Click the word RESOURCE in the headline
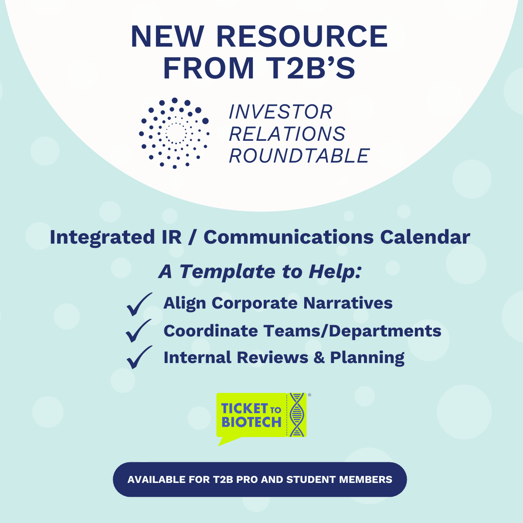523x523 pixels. (x=302, y=36)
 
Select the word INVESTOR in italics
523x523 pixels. (x=281, y=112)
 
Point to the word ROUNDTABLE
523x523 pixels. (x=299, y=156)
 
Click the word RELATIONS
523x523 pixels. (x=287, y=133)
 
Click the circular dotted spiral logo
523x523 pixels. (x=174, y=133)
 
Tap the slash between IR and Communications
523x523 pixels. (x=192, y=238)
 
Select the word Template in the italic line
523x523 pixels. (x=228, y=272)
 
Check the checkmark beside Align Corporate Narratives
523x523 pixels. (x=139, y=304)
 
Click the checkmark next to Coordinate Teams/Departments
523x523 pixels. (x=139, y=330)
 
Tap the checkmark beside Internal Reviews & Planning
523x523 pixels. (x=139, y=357)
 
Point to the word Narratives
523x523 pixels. (x=348, y=303)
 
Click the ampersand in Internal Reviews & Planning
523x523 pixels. (x=319, y=357)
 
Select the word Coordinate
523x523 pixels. (x=211, y=331)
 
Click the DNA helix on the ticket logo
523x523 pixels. (x=297, y=414)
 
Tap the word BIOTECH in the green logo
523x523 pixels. (x=251, y=422)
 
